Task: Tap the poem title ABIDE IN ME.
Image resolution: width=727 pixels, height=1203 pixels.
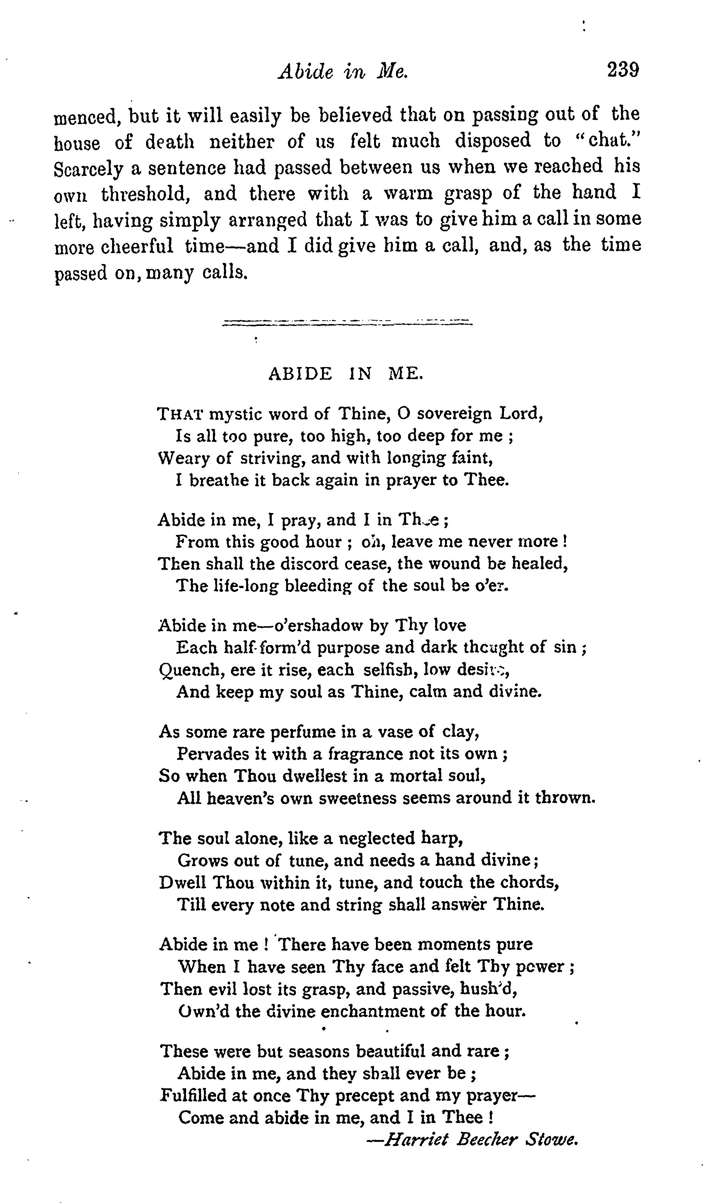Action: tap(346, 373)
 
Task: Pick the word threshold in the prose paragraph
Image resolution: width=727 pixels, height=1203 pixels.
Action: tap(145, 194)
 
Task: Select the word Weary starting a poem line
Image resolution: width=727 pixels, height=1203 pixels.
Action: tap(184, 458)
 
